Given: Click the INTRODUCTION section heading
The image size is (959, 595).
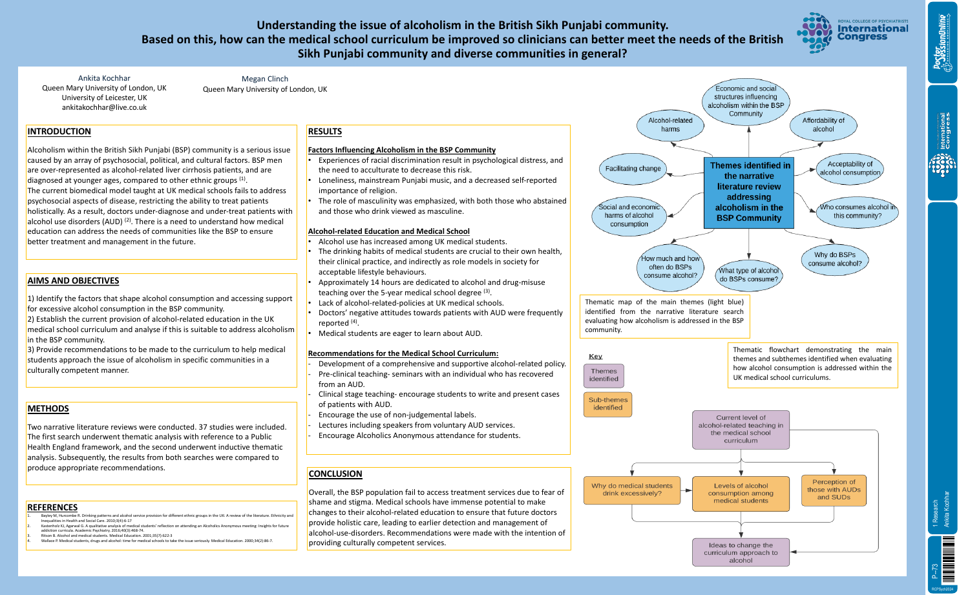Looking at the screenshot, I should pos(59,132).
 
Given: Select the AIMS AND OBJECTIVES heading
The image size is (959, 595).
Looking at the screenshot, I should pos(73,281).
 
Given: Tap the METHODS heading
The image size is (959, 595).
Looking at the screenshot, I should pos(48,409).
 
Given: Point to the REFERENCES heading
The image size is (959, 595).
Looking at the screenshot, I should pos(52,508).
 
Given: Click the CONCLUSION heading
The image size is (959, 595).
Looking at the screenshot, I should pos(335,474).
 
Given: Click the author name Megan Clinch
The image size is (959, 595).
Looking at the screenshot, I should pos(265,79).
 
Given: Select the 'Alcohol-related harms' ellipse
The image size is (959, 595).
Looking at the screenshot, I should pos(670,125).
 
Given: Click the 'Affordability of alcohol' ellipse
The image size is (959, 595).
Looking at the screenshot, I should pos(823,125).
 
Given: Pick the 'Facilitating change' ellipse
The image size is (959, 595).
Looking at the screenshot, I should pos(633,169).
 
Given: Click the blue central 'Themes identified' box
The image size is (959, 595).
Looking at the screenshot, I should pos(750,192).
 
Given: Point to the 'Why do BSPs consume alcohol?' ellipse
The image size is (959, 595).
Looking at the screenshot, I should pos(834,259).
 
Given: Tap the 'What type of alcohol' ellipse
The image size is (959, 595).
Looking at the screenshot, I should pos(749,275).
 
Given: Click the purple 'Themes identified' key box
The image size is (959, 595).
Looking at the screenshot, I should pos(604,375).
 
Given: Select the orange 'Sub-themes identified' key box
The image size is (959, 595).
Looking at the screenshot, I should pos(607,404).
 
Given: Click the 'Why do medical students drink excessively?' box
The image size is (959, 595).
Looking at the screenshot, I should pos(631,490).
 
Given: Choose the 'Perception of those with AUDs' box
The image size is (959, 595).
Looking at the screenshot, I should pos(834,490).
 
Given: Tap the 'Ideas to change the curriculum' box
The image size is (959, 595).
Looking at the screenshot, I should pos(741,553).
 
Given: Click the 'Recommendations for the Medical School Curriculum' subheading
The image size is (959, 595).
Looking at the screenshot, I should pos(403,354).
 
